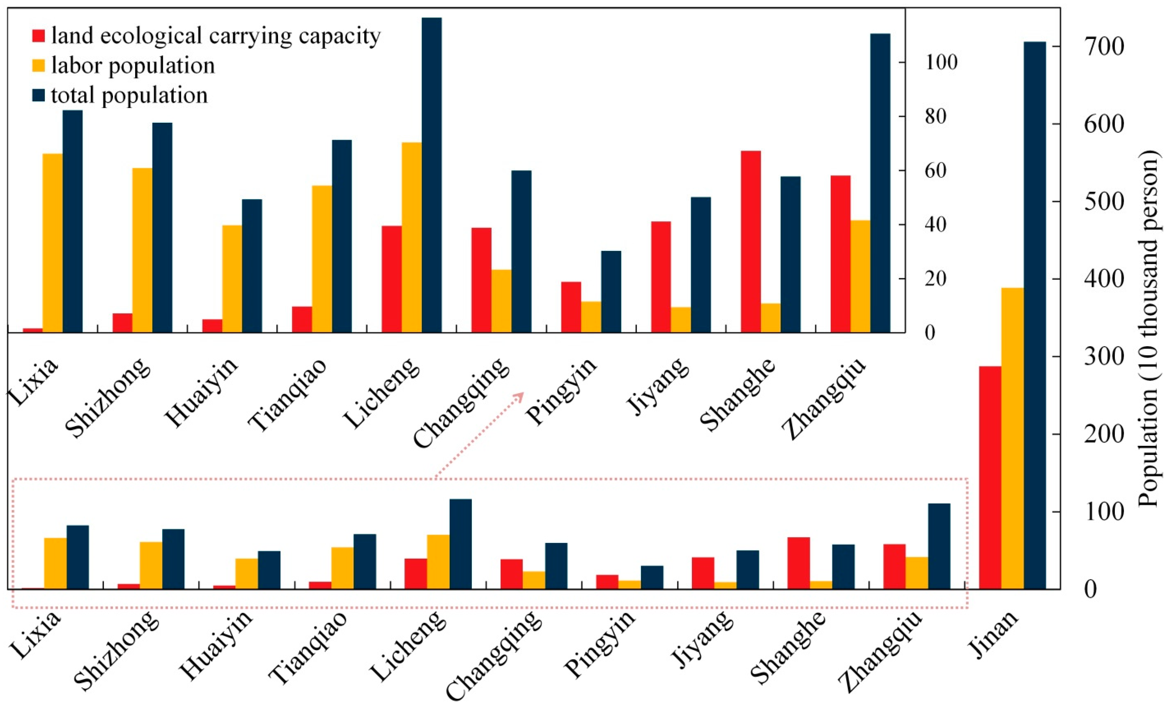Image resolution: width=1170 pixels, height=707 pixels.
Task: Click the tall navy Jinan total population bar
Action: point(1035,316)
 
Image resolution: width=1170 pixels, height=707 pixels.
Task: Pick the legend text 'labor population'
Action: point(133,65)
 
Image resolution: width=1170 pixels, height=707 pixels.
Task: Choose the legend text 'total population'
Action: point(129,95)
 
